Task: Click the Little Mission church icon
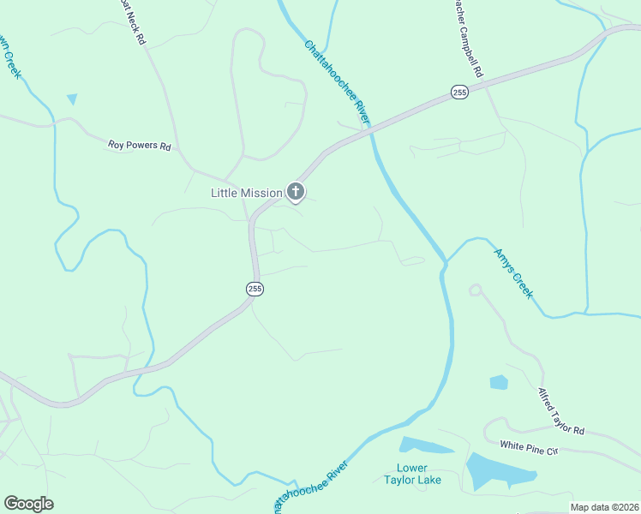[x=296, y=192]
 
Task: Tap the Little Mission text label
[x=247, y=193]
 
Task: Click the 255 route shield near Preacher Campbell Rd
[x=460, y=93]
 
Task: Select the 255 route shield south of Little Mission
[x=255, y=289]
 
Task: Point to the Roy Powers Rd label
[x=140, y=146]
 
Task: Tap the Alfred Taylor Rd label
[x=560, y=410]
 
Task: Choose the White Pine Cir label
[x=529, y=446]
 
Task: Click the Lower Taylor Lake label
[x=419, y=474]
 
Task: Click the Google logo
[x=28, y=504]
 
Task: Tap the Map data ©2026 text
[x=604, y=507]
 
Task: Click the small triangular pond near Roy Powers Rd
[x=72, y=99]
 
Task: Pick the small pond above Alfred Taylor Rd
[x=499, y=382]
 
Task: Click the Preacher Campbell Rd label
[x=467, y=39]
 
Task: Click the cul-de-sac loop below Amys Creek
[x=476, y=290]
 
